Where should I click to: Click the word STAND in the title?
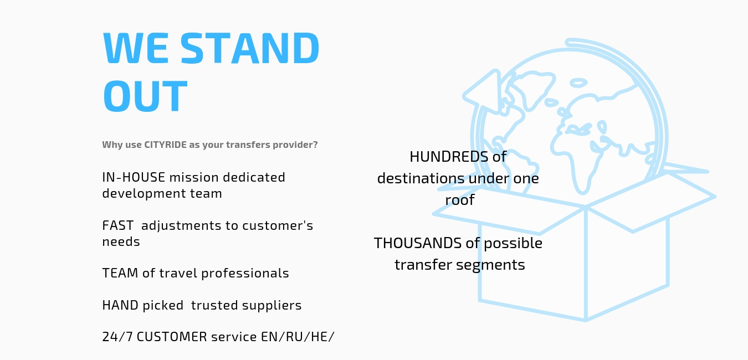coord(250,48)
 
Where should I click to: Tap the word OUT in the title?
coord(145,96)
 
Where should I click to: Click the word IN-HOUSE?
coord(134,177)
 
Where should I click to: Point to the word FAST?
coord(118,225)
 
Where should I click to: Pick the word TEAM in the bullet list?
coord(120,273)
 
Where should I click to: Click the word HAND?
coord(120,305)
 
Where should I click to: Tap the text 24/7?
coord(117,337)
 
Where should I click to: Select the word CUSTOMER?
coord(172,337)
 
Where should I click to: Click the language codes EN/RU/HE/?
coord(298,337)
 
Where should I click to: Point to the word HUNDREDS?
coord(449,157)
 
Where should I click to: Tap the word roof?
coord(460,200)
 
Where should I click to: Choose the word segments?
coord(490,265)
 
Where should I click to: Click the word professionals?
coord(245,273)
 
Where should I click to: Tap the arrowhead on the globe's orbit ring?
coord(482,91)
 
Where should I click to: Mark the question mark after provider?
coord(315,145)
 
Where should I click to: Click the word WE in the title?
coord(136,48)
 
